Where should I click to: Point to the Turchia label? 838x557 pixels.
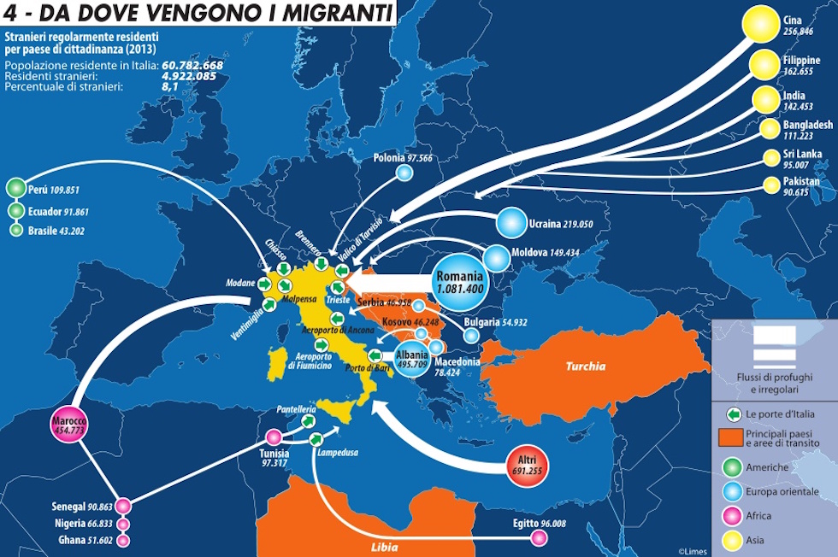pyautogui.click(x=585, y=366)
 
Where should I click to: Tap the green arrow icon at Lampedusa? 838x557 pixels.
pyautogui.click(x=316, y=439)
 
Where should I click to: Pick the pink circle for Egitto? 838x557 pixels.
pyautogui.click(x=539, y=537)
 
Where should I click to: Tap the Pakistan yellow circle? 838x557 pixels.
pyautogui.click(x=770, y=185)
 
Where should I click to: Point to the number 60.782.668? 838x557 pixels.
pyautogui.click(x=192, y=65)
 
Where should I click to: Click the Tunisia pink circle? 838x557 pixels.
pyautogui.click(x=274, y=437)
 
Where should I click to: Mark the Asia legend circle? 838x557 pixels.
pyautogui.click(x=731, y=540)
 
